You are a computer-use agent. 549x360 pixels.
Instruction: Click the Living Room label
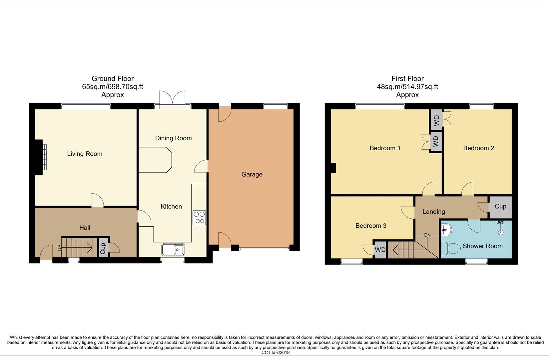(85, 154)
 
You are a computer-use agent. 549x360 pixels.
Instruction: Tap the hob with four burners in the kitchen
(199, 218)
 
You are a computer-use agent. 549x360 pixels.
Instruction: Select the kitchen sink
(173, 249)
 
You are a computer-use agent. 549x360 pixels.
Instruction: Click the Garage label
(252, 174)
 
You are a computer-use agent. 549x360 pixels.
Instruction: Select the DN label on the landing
(427, 235)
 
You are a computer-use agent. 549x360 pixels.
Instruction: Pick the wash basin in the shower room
(446, 229)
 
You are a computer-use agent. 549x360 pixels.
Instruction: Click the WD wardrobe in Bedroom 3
(380, 250)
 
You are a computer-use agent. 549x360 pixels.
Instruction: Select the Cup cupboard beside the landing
(500, 206)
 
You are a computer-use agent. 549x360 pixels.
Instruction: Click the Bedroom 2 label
(478, 148)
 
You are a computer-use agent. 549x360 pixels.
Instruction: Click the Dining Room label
(173, 138)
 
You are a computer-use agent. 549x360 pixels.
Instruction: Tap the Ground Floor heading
(113, 79)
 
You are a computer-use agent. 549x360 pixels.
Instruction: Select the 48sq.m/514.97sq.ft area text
(407, 87)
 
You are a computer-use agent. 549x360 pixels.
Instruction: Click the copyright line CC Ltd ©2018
(275, 352)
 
